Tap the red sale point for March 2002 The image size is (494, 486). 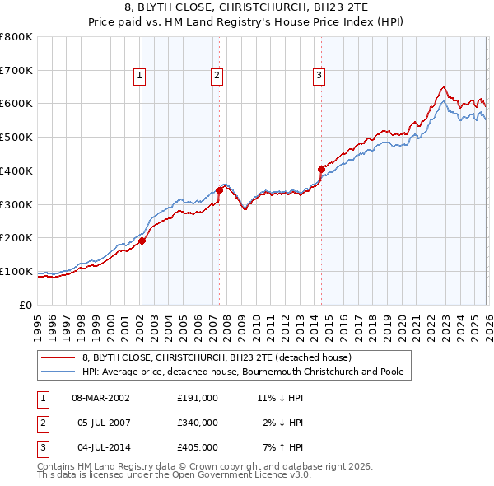coord(142,241)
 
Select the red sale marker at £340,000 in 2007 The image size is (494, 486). coord(219,190)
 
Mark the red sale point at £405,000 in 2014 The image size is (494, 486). coord(321,169)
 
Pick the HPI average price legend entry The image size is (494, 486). coord(242,372)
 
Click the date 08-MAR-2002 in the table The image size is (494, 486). coord(101,397)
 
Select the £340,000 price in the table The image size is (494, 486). coord(197,423)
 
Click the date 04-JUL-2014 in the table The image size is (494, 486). coord(100,448)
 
